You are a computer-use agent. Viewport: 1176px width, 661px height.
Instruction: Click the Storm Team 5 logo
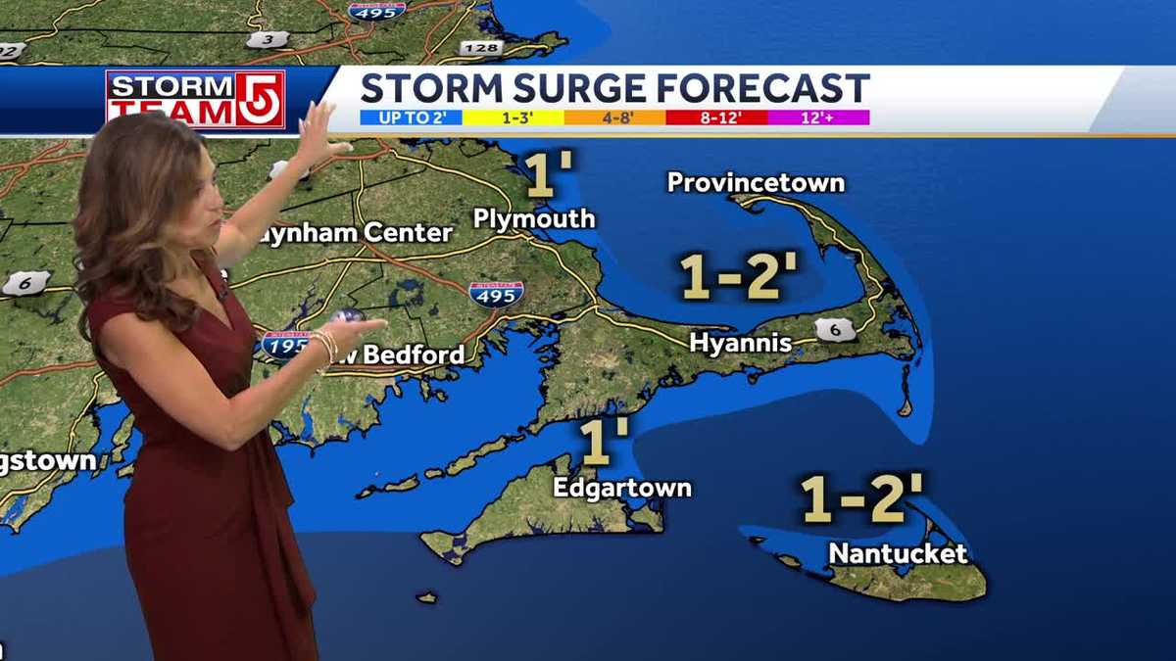click(195, 99)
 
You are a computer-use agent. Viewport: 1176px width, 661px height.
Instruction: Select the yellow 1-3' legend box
click(513, 118)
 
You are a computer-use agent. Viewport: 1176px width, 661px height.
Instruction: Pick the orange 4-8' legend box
click(614, 118)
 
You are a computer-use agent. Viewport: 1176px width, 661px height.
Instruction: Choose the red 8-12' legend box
click(716, 118)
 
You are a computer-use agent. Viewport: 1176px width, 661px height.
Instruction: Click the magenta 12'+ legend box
click(818, 118)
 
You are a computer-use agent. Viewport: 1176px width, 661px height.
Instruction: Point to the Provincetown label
click(756, 182)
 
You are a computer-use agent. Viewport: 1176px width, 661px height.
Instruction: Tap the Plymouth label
click(534, 218)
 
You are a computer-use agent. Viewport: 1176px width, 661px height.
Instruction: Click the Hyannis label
click(740, 343)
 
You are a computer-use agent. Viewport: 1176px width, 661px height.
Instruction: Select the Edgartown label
click(622, 488)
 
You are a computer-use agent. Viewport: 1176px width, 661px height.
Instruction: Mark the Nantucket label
click(898, 553)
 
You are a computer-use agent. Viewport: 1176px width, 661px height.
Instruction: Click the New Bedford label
click(402, 354)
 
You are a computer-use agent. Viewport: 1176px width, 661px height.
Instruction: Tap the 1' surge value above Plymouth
click(549, 174)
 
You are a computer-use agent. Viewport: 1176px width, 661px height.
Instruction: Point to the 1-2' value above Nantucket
click(861, 499)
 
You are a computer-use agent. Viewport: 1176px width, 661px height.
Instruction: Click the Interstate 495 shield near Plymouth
click(495, 293)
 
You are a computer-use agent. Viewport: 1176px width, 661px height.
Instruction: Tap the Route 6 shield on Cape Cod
click(835, 330)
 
